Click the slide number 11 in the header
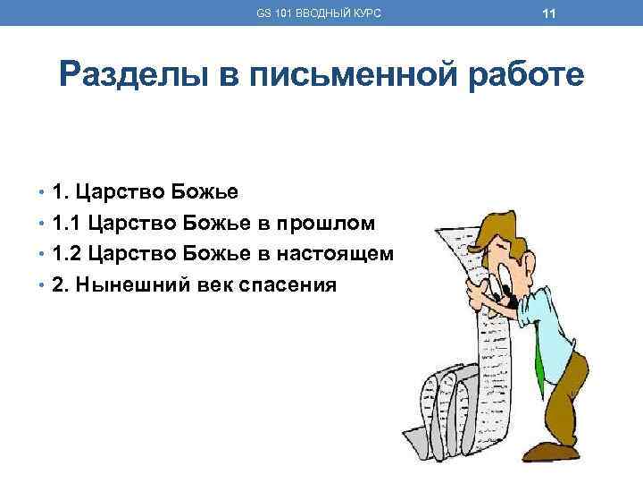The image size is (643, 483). coord(549,13)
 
